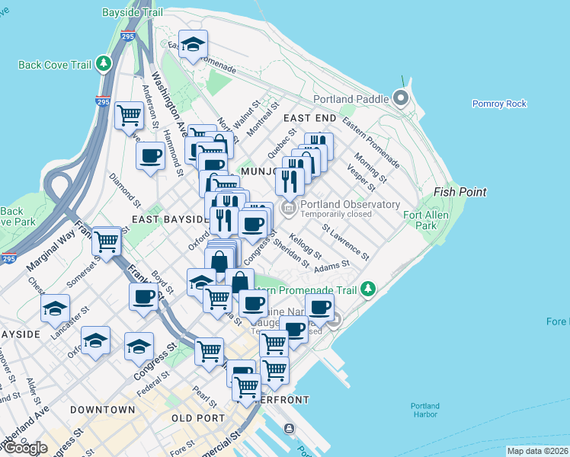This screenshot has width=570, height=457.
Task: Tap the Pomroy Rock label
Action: [x=499, y=104]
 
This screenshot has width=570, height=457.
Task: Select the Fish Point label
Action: [x=460, y=192]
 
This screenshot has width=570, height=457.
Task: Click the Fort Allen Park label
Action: [x=441, y=220]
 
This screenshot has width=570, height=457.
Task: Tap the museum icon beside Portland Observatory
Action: [x=288, y=207]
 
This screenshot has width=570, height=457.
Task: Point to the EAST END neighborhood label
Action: [x=309, y=118]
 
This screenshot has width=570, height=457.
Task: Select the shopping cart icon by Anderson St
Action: [x=129, y=115]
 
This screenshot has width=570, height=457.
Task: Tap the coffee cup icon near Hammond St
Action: [x=150, y=156]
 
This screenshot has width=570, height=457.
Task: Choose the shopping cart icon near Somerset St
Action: [x=106, y=241]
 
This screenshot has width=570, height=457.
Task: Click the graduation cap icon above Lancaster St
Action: [x=55, y=308]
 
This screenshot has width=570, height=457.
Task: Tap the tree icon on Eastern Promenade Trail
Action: [x=369, y=289]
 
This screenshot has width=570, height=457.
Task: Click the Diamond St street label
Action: [x=125, y=190]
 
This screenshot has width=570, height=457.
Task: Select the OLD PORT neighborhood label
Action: [x=198, y=418]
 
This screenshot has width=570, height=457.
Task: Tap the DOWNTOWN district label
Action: [x=102, y=410]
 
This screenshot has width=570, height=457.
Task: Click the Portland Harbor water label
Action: [x=424, y=409]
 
